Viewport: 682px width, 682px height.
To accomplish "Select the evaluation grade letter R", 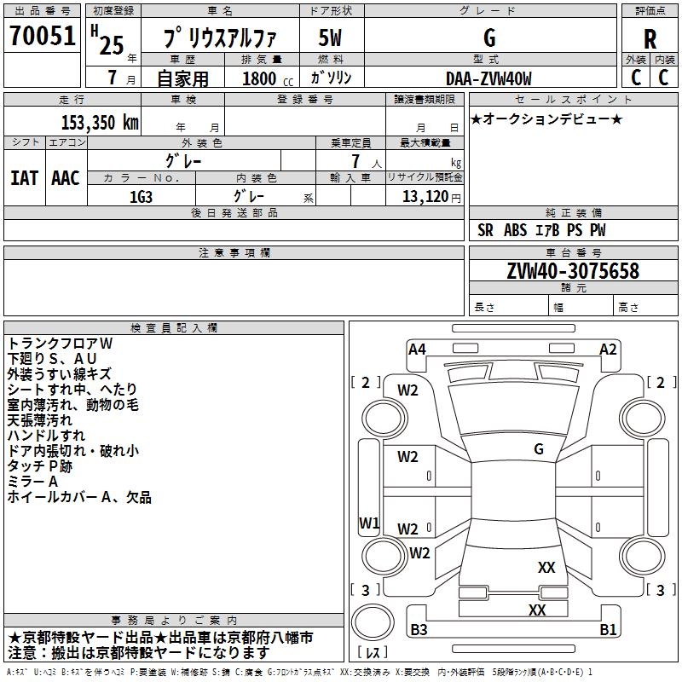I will click(650, 38).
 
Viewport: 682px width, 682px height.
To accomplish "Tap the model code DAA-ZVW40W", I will click(488, 78).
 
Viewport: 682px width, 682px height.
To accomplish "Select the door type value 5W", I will click(331, 38).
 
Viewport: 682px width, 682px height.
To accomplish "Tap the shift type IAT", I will click(24, 177).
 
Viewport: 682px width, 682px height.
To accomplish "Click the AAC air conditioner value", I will click(65, 177).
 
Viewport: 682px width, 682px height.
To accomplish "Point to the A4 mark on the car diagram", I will click(417, 349).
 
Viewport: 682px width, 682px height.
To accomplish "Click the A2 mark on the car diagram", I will click(608, 349).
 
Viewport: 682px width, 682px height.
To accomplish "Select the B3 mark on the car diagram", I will click(419, 630).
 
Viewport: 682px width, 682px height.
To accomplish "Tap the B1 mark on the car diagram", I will click(608, 630).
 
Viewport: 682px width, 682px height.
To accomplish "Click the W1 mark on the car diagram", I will click(369, 523).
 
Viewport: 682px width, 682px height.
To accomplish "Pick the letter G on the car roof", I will click(539, 448).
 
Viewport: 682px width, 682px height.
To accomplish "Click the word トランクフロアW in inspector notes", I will click(60, 343).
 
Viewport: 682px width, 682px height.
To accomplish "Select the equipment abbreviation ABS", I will click(515, 230).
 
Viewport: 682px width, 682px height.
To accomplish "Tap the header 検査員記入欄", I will click(174, 328).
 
